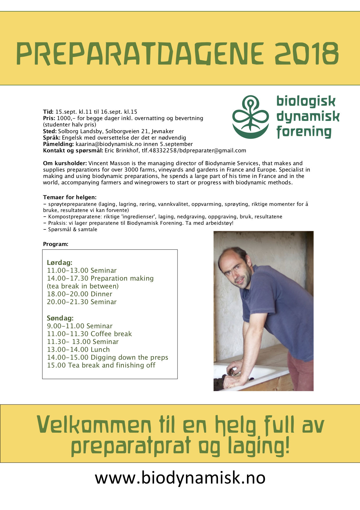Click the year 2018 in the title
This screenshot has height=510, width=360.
pos(307,54)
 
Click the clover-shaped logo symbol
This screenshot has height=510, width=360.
pos(250,117)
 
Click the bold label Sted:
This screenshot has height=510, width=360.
pos(50,131)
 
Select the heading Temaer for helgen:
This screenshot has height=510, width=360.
pos(70,197)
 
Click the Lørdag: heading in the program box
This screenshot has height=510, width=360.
pos(60,263)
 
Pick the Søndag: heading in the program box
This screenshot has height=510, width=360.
pos(60,318)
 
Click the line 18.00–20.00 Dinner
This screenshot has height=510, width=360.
pos(80,294)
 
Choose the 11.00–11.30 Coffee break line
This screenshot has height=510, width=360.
pos(89,334)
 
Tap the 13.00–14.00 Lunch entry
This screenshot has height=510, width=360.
pos(78,349)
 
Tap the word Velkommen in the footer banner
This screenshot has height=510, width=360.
pos(94,425)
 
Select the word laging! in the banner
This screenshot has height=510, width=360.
pos(259,446)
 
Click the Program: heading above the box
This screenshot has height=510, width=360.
pos(55,244)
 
